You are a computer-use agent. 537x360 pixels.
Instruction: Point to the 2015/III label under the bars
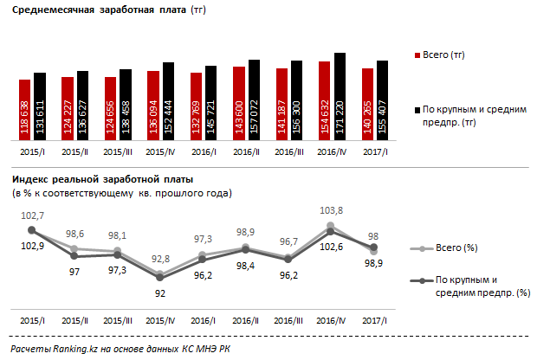point(118,152)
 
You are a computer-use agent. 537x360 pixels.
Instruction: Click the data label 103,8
point(331,209)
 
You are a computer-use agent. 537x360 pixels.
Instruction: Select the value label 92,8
point(159,258)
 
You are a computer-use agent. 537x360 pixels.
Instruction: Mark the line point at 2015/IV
point(160,277)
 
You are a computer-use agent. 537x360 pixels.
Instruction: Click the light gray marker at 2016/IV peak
point(331,225)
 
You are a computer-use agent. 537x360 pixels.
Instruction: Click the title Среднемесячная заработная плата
point(94,12)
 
